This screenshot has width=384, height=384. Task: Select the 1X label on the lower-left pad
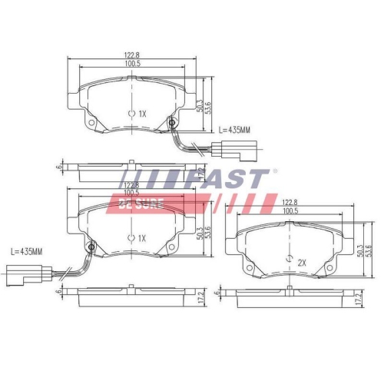pos(141,238)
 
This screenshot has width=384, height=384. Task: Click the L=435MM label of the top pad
pos(235,130)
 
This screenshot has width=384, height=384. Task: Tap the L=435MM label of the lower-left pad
pos(25,252)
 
